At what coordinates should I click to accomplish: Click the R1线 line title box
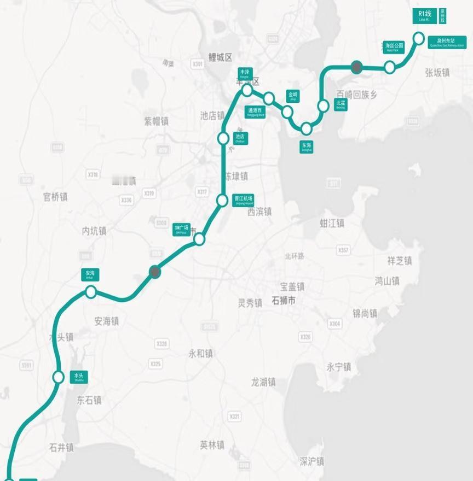[x=424, y=15]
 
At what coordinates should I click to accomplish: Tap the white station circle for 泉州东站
[x=418, y=38]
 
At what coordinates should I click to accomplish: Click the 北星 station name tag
[x=341, y=104]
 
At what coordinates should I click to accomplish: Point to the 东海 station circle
[x=306, y=128]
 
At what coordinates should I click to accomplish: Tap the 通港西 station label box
[x=256, y=112]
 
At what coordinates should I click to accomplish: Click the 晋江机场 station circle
[x=222, y=201]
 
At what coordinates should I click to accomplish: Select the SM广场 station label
[x=182, y=228]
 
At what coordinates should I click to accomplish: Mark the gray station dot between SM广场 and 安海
[x=155, y=272]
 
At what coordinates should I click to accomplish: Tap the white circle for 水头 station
[x=59, y=377]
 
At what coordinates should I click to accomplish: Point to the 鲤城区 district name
[x=221, y=57]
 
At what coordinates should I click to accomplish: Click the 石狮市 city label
[x=284, y=300]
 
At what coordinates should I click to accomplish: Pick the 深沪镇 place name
[x=312, y=461]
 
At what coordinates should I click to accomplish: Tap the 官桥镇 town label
[x=55, y=197]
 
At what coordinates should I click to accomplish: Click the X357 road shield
[x=343, y=250]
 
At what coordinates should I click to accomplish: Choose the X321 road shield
[x=235, y=417]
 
